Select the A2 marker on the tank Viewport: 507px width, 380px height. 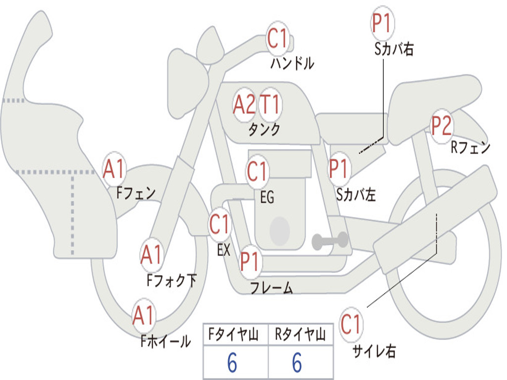(244, 105)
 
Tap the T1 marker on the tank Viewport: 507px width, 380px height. (270, 105)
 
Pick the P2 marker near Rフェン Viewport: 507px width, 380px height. (442, 126)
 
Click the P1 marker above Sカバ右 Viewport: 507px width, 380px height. (383, 23)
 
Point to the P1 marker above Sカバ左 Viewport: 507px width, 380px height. (339, 169)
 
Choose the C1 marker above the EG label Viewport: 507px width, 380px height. (257, 171)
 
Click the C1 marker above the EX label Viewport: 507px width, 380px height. (219, 224)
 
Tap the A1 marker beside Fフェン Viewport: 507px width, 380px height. (114, 169)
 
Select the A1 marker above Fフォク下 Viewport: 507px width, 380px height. (152, 255)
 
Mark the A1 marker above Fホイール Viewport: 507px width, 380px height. (143, 315)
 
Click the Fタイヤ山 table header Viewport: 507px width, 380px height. (233, 334)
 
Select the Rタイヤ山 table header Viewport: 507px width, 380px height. (300, 334)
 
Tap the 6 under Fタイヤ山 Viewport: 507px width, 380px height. (232, 363)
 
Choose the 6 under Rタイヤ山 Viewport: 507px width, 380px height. (298, 363)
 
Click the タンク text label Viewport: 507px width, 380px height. (264, 130)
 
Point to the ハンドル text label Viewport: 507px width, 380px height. (292, 63)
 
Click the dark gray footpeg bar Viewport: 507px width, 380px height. (330, 241)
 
